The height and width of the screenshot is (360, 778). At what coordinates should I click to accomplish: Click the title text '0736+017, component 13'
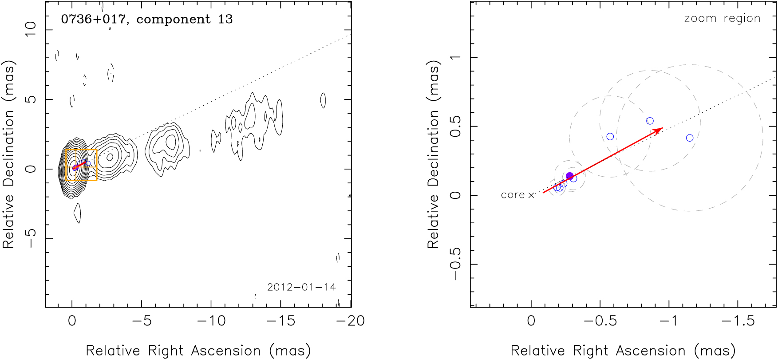(x=146, y=19)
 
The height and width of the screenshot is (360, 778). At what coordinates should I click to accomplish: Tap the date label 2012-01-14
(x=301, y=287)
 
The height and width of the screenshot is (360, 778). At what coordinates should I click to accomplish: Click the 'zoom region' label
(x=722, y=19)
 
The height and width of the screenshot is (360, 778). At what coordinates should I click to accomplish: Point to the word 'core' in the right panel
(x=513, y=195)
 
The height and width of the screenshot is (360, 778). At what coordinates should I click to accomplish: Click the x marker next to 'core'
(x=531, y=195)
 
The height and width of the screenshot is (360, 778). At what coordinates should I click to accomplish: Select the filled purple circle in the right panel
(x=570, y=176)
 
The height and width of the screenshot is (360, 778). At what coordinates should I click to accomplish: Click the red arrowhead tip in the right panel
(x=662, y=128)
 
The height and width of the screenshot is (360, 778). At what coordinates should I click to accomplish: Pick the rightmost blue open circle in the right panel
(x=690, y=138)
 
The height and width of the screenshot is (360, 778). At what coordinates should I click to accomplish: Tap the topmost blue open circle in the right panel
(x=650, y=121)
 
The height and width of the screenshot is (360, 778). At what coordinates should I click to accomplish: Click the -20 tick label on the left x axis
(x=350, y=321)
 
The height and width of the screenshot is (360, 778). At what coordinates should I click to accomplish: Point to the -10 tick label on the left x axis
(x=211, y=321)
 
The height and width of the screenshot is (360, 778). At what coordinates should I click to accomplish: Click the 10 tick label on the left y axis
(x=30, y=29)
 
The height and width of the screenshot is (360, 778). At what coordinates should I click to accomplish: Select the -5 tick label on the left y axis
(x=30, y=238)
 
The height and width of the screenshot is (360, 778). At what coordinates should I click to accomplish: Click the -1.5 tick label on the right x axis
(x=738, y=321)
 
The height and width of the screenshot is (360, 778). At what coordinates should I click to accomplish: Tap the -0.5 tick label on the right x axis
(x=600, y=321)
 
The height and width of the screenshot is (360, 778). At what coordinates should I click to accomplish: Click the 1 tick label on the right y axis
(x=455, y=57)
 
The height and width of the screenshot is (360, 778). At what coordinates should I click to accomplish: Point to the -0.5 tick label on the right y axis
(x=455, y=264)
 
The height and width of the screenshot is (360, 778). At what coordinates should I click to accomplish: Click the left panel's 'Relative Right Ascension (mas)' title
(x=198, y=351)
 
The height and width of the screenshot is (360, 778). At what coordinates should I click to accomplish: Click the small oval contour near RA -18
(x=323, y=100)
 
